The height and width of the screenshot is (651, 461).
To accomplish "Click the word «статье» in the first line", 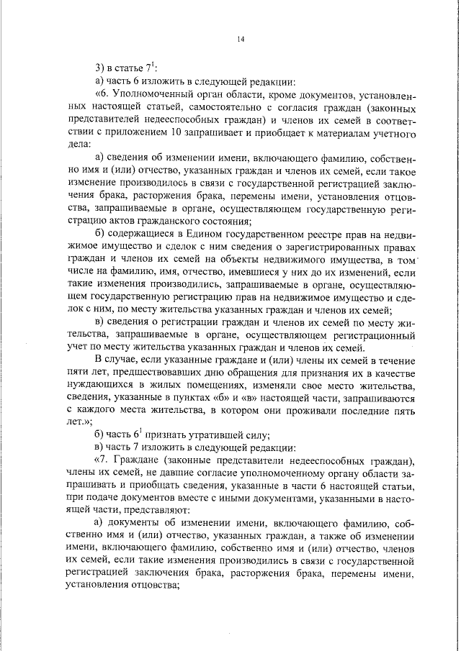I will (131, 68).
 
